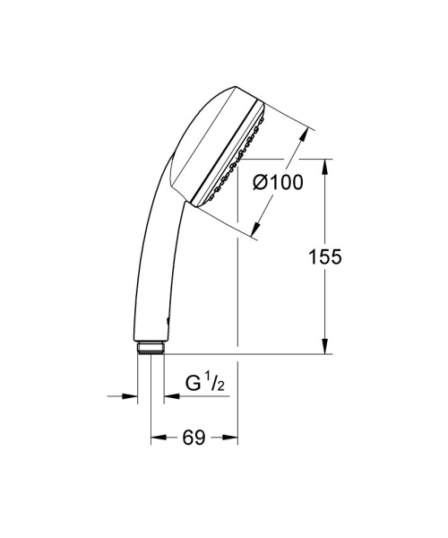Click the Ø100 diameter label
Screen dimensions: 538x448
tap(278, 183)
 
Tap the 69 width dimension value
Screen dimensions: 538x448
tap(194, 438)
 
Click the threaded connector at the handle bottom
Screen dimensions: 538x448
tap(151, 348)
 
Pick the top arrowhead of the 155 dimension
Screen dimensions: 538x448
tap(323, 167)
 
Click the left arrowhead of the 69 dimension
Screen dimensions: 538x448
tap(157, 438)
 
